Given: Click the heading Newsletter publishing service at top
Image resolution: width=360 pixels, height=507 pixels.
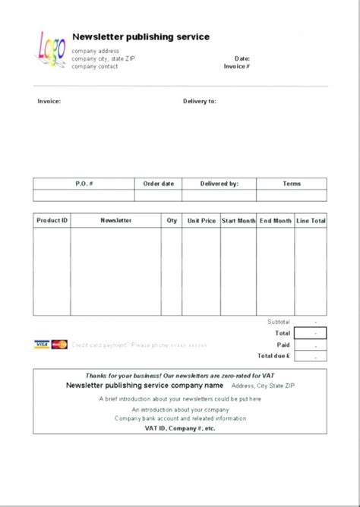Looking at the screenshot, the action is click(x=141, y=36).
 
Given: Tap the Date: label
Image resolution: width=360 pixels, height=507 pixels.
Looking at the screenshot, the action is click(x=242, y=58).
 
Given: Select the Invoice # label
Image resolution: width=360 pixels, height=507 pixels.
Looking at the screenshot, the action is click(x=237, y=66).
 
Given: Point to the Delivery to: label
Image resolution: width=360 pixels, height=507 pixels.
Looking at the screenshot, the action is click(x=200, y=101).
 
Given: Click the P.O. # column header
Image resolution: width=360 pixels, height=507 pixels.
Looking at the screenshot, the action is click(x=84, y=184).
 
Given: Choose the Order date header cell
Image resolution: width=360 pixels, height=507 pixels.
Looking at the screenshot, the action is click(x=158, y=184).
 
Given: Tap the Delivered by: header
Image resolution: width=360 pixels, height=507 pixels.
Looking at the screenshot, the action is click(x=219, y=184).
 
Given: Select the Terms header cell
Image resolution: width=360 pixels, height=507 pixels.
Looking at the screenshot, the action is click(x=292, y=184).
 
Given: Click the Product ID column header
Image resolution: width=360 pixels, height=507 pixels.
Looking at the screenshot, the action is click(x=52, y=221).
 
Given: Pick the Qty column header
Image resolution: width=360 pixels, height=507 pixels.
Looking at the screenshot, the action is click(x=172, y=221).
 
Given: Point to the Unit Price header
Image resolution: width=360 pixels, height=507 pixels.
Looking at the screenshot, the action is click(x=201, y=221).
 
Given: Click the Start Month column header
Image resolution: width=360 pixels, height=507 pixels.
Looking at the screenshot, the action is click(x=238, y=221).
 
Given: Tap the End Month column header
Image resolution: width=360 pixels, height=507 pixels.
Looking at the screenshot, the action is click(x=275, y=221).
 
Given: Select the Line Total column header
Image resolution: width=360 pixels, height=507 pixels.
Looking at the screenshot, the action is click(x=311, y=221).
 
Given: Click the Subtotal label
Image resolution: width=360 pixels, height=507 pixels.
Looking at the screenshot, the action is click(x=278, y=322).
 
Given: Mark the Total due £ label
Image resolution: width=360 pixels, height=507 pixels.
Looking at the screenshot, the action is click(x=273, y=355).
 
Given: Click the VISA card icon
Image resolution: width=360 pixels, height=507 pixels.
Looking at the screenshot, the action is click(x=42, y=345).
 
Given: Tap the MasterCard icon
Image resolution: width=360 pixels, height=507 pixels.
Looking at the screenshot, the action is click(x=60, y=345).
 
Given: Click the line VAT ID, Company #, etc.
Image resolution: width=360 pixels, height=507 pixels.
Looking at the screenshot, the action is click(x=180, y=428).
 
